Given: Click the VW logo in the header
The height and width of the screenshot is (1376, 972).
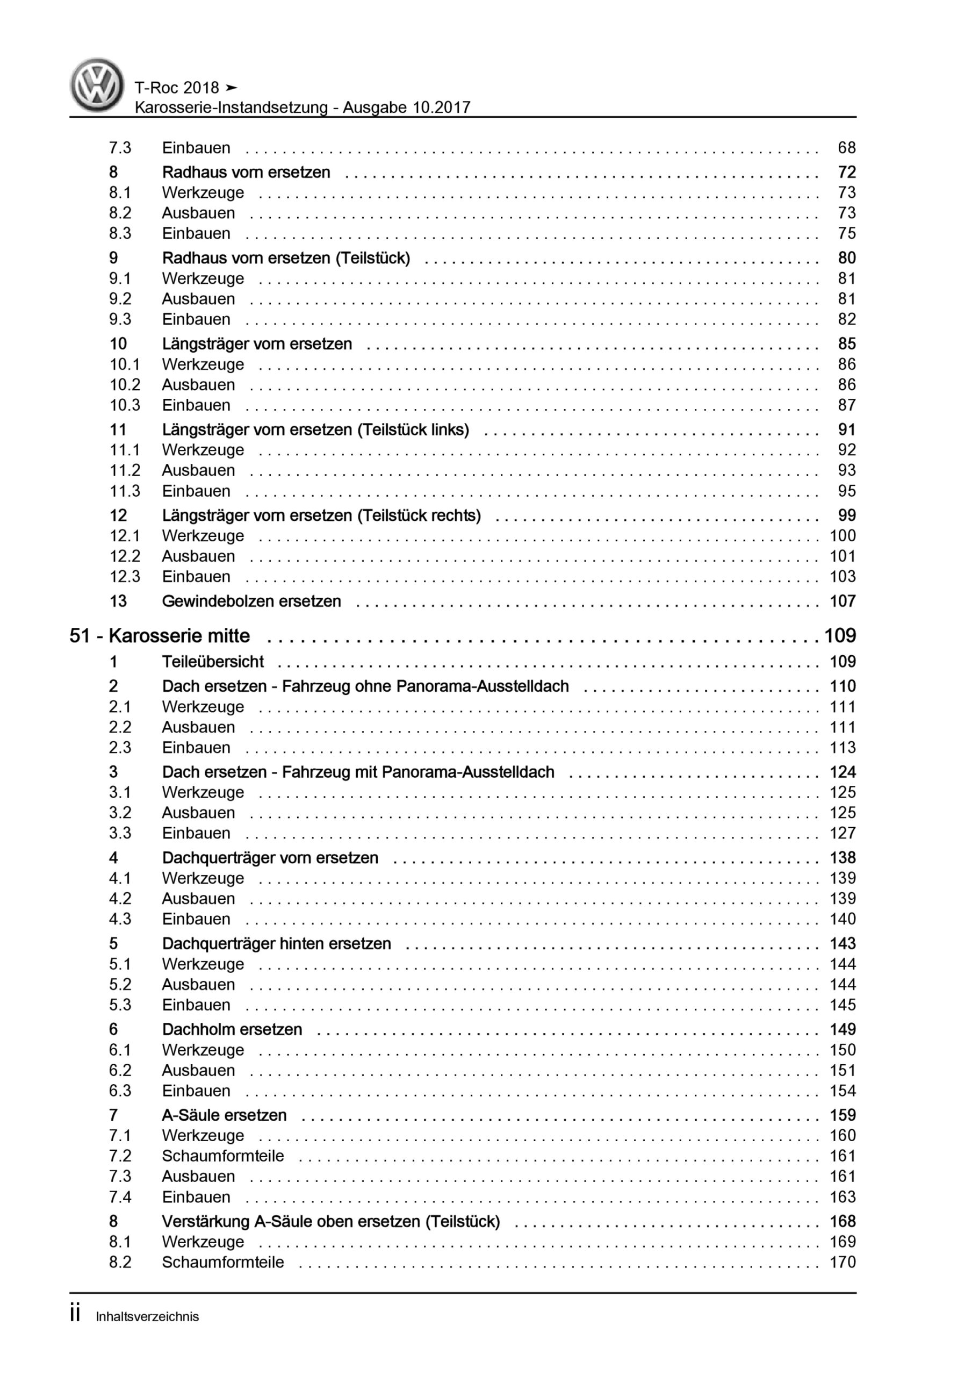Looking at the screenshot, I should (x=97, y=85).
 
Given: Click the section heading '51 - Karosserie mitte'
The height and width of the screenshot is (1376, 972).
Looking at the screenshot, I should (x=160, y=636).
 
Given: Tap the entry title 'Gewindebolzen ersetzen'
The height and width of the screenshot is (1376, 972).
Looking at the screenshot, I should (x=251, y=601).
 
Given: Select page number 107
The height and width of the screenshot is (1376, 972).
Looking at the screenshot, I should (x=842, y=601).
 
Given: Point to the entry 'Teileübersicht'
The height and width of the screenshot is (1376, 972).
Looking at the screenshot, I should (x=213, y=662).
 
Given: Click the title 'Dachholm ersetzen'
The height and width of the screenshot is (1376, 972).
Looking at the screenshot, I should (x=232, y=1030).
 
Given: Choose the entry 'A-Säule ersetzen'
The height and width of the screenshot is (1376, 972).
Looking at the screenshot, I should (x=224, y=1115).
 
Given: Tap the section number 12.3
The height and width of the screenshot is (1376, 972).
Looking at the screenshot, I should (x=125, y=577).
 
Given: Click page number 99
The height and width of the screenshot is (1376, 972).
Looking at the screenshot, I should (x=846, y=515).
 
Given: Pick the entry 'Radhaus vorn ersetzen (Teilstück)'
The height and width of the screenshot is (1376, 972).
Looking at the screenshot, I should (x=286, y=259).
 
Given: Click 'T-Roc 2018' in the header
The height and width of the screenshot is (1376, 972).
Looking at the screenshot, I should (x=177, y=88).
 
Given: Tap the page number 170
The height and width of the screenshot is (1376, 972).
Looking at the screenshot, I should (x=842, y=1262).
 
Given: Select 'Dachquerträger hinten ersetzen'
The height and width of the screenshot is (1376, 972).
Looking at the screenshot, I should (x=276, y=944).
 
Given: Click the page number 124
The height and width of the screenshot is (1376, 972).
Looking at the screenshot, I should (x=842, y=772).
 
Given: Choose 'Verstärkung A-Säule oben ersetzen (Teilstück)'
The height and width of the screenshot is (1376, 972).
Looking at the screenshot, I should (x=331, y=1221).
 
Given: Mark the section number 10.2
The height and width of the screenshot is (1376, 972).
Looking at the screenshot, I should (x=125, y=385).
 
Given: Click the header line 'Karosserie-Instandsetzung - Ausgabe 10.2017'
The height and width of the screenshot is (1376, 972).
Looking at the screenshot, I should (x=303, y=108).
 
